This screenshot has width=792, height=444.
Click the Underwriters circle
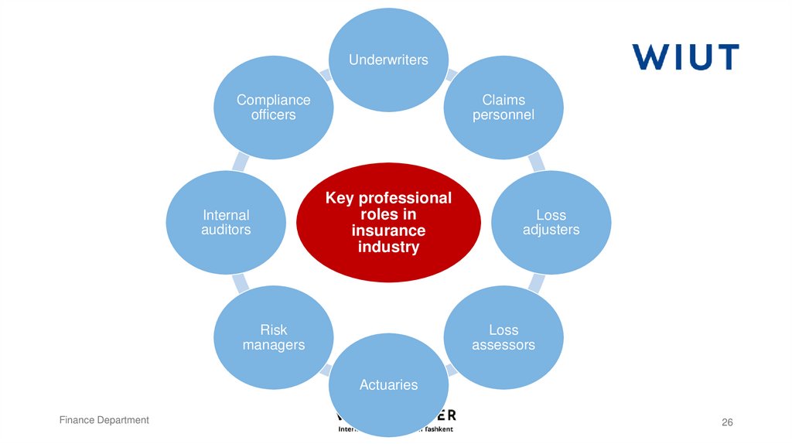pyautogui.click(x=388, y=60)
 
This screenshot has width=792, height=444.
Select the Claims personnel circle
pyautogui.click(x=504, y=107)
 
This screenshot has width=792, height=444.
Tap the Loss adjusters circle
pyautogui.click(x=551, y=222)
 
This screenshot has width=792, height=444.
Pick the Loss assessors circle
pyautogui.click(x=504, y=337)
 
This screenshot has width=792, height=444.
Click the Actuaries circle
pyautogui.click(x=388, y=384)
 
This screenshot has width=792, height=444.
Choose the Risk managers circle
pyautogui.click(x=273, y=337)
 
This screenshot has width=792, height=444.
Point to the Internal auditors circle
pyautogui.click(x=226, y=222)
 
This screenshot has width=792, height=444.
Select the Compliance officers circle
pyautogui.click(x=273, y=107)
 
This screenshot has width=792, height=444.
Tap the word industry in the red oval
pyautogui.click(x=388, y=248)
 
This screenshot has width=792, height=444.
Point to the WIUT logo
pyautogui.click(x=684, y=56)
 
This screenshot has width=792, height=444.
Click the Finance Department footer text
pyautogui.click(x=104, y=420)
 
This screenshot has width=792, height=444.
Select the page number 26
pyautogui.click(x=726, y=422)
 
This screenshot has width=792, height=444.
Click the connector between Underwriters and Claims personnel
pyautogui.click(x=450, y=75)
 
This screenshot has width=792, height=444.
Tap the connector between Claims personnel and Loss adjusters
pyautogui.click(x=535, y=162)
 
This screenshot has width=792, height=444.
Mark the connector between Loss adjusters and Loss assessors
pyautogui.click(x=535, y=283)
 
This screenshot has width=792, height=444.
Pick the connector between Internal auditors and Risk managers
pyautogui.click(x=241, y=283)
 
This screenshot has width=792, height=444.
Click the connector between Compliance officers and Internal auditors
pyautogui.click(x=241, y=162)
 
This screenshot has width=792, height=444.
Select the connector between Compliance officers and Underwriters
pyautogui.click(x=326, y=75)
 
